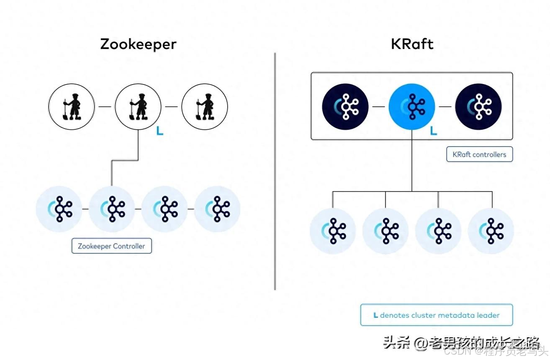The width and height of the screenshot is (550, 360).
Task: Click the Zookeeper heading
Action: (x=138, y=44)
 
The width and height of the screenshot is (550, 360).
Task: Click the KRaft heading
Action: (x=412, y=44)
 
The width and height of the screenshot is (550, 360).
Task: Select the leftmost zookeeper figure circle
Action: (x=72, y=106)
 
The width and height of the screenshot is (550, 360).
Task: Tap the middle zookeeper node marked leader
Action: (x=138, y=106)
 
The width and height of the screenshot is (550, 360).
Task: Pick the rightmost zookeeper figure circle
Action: (x=204, y=106)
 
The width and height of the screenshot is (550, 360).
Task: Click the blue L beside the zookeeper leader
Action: (x=159, y=131)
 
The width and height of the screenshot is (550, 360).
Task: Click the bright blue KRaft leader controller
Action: (x=412, y=106)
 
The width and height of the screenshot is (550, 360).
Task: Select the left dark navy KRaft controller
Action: (x=345, y=106)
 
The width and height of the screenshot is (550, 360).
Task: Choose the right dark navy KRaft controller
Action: (x=478, y=106)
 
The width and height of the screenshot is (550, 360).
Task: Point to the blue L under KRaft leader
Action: (x=434, y=131)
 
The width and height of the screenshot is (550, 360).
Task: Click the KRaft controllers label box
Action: (x=479, y=154)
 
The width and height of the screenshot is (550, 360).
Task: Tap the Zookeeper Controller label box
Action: (x=111, y=246)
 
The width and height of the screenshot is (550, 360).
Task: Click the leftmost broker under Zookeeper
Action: (x=59, y=208)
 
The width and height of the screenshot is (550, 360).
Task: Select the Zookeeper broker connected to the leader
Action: (x=112, y=208)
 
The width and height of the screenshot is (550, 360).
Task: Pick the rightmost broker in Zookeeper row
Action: (x=217, y=208)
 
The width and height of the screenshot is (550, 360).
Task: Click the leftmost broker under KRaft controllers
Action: (x=333, y=231)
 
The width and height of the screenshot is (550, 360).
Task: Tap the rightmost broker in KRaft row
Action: (x=491, y=231)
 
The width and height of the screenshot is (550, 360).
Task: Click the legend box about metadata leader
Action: (x=437, y=315)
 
